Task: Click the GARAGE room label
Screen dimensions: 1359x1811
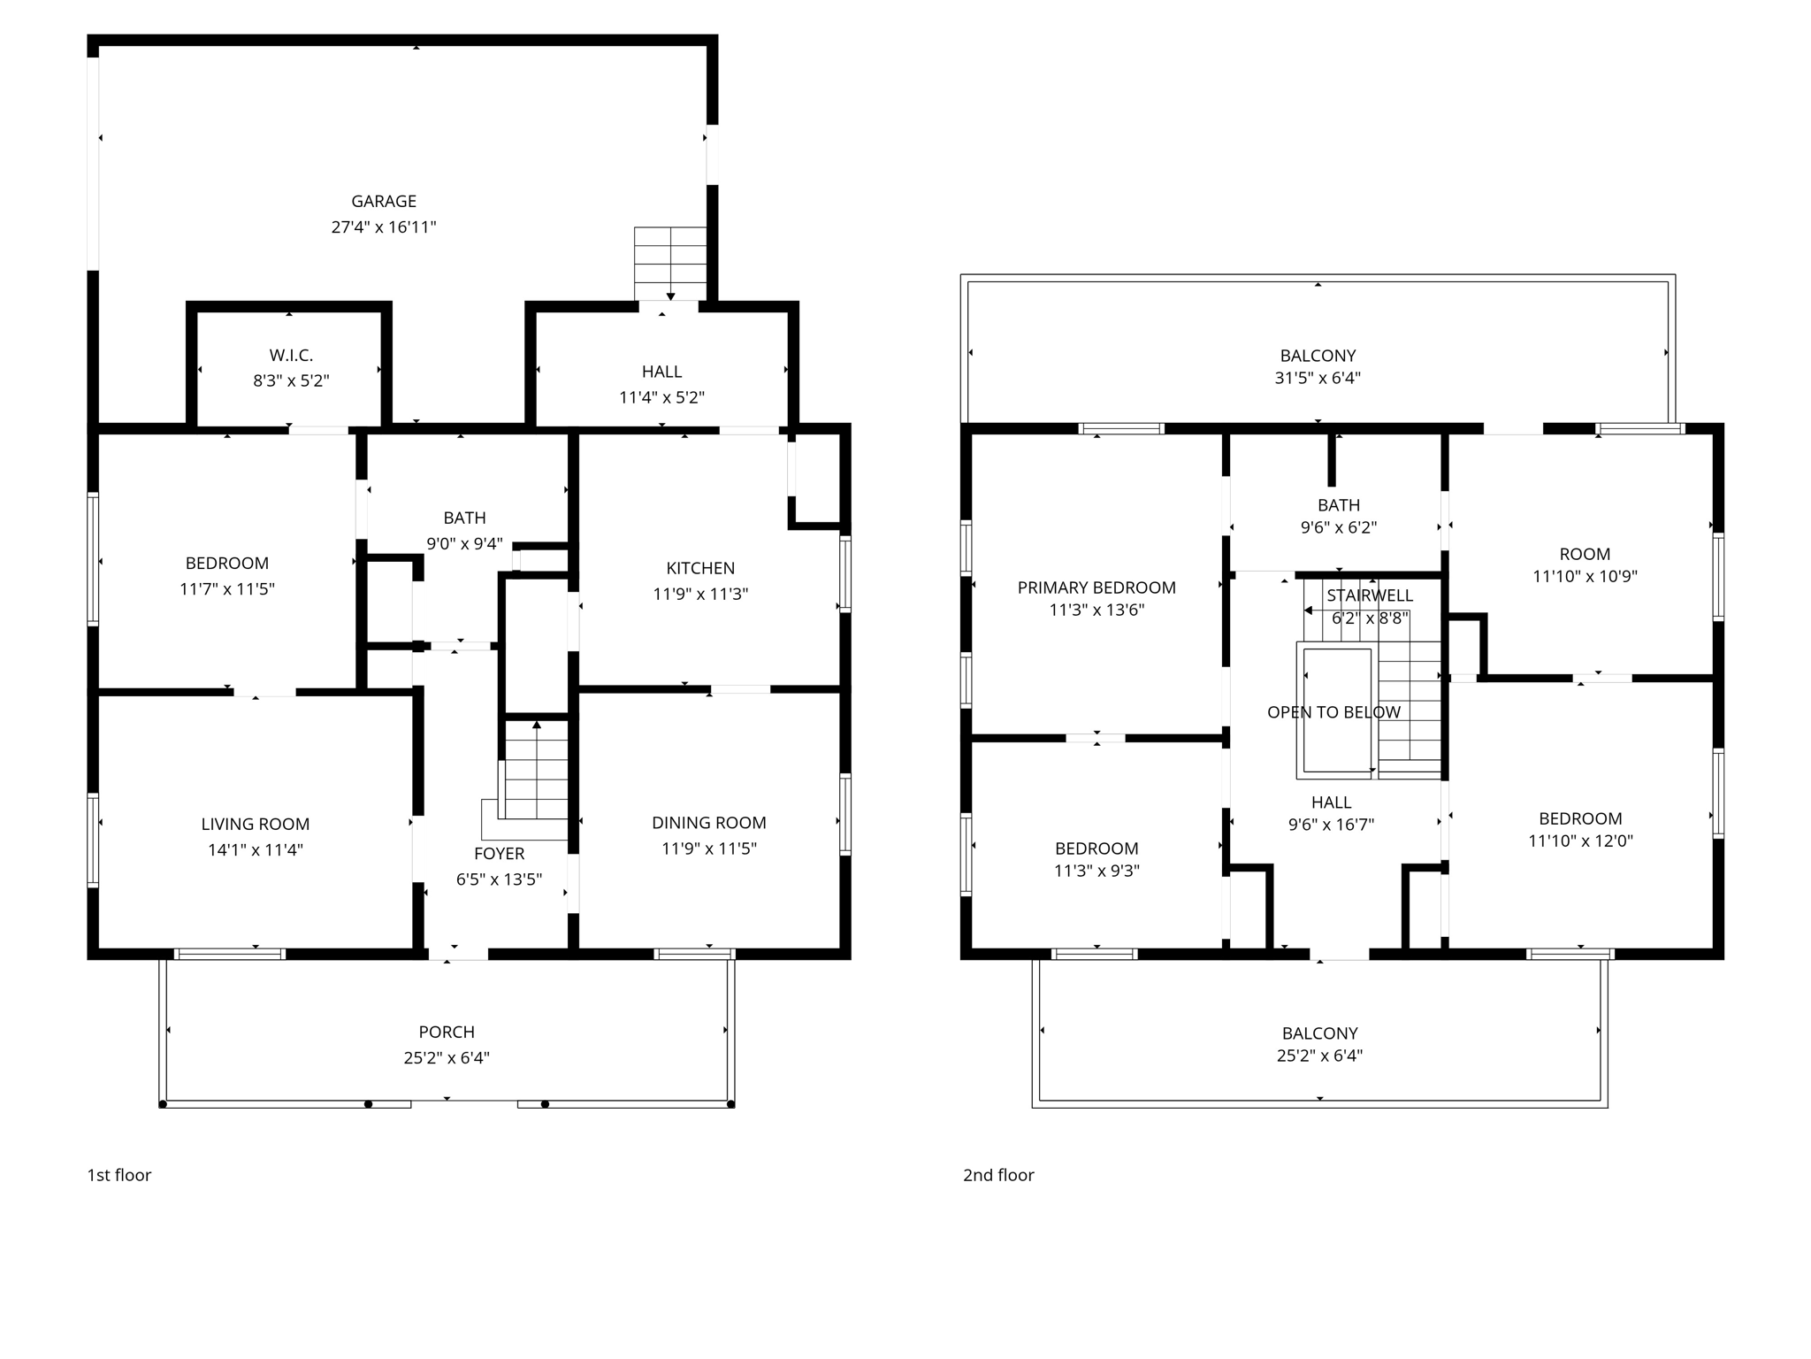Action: coord(383,202)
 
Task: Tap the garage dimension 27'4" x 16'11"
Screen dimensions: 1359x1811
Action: coord(383,227)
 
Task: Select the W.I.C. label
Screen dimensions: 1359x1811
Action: coord(291,356)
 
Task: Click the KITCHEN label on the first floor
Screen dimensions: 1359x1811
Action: coord(699,568)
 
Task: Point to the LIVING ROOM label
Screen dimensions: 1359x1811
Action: coord(255,825)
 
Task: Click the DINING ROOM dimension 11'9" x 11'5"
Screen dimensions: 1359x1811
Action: coord(708,848)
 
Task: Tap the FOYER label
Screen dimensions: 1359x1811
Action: coord(499,854)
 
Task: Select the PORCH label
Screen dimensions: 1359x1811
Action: coord(446,1033)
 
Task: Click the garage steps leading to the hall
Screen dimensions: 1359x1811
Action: coord(670,264)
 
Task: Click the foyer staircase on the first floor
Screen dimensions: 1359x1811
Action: coord(535,770)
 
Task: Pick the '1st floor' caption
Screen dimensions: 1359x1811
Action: coord(118,1175)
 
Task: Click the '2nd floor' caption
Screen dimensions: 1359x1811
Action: coord(997,1175)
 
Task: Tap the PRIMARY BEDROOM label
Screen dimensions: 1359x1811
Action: coord(1096,587)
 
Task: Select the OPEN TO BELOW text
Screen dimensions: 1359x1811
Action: coord(1333,712)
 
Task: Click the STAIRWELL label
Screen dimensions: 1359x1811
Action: coord(1369,595)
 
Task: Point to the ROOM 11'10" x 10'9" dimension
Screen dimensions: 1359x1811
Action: coord(1584,577)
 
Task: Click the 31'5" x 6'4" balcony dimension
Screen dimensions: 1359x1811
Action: coord(1317,378)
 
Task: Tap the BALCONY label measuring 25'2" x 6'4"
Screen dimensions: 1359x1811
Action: coord(1319,1033)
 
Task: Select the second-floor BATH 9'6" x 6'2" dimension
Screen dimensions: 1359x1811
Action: coord(1338,528)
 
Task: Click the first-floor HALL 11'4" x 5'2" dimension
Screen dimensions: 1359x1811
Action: coord(661,398)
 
